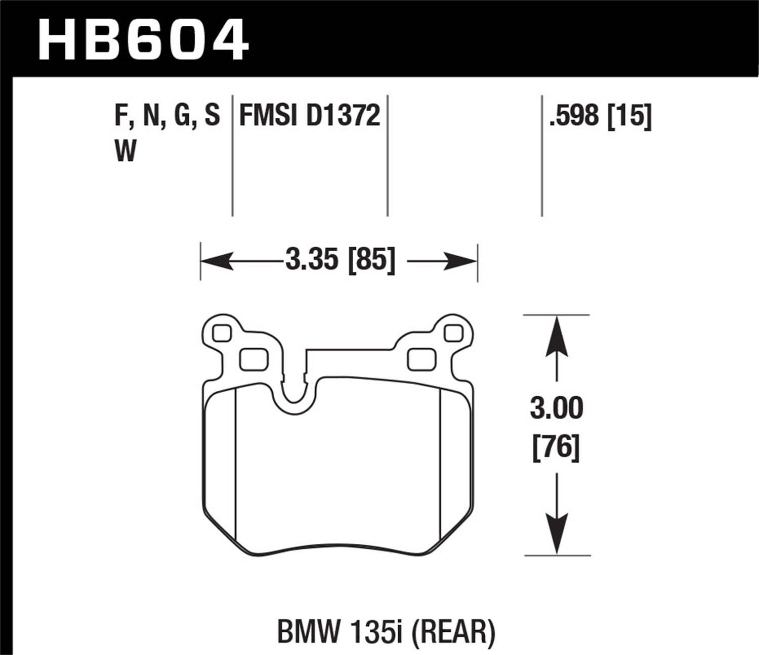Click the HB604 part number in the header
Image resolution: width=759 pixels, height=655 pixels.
pos(144,39)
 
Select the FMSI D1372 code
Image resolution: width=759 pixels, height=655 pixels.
pos(309,116)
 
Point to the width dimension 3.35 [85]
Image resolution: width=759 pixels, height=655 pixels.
pos(340,261)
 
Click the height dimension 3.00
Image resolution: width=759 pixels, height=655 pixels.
pos(557,408)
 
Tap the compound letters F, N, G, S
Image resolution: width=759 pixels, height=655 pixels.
pos(167,116)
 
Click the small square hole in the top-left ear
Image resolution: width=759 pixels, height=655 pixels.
pos(222,333)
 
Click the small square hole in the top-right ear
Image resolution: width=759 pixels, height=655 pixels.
pos(452,333)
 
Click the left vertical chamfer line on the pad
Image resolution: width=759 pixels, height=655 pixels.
pos(237,465)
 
